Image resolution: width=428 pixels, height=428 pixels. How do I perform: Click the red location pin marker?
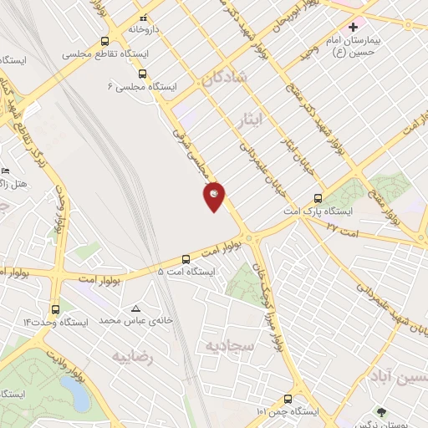[x=214, y=197]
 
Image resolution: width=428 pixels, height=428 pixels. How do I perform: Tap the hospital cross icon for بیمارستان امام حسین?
[x=354, y=28]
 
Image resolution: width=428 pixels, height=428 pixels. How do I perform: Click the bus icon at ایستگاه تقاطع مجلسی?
[x=104, y=40]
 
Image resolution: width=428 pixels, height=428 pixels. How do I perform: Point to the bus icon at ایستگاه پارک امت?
[x=317, y=198]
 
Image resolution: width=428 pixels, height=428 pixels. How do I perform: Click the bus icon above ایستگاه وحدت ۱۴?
[x=55, y=308]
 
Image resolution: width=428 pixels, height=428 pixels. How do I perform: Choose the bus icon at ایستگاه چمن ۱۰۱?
[x=288, y=399]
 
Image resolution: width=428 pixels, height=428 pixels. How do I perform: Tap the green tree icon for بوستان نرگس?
[x=381, y=412]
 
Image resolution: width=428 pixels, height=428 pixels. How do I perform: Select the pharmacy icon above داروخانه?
[x=143, y=18]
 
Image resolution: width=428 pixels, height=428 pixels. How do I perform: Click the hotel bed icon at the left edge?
[x=7, y=170]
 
